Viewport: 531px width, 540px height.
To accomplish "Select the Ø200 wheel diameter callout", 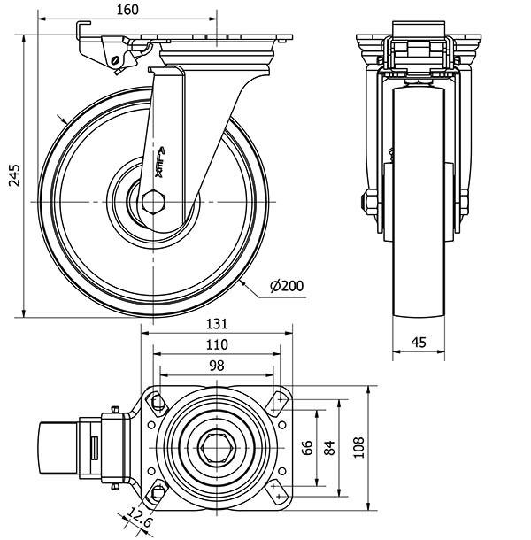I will click(287, 285).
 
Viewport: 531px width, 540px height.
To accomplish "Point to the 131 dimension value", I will click(217, 323).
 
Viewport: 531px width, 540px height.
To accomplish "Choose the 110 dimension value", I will click(217, 343).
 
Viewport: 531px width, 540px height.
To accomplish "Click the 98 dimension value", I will click(217, 365).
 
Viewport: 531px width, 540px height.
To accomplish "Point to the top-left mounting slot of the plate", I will click(158, 402).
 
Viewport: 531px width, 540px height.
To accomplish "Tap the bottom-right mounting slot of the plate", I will click(277, 492).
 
